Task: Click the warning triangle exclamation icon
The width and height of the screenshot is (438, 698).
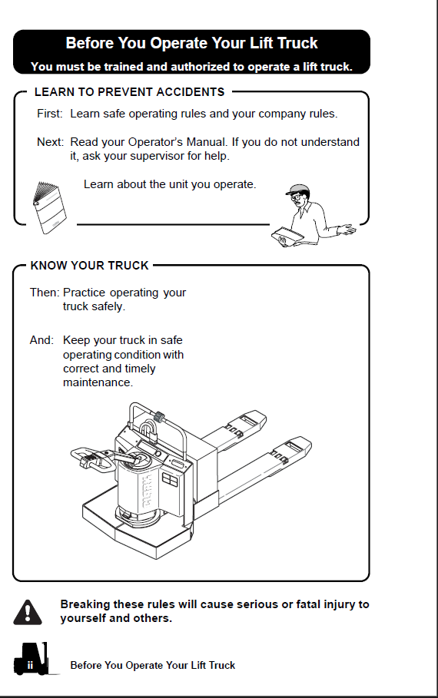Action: (28, 612)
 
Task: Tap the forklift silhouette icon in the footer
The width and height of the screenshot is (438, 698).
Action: (32, 659)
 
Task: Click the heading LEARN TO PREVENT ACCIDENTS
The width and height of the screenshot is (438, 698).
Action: (130, 92)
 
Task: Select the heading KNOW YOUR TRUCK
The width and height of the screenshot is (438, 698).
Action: (89, 266)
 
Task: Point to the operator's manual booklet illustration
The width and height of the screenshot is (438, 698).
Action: (49, 207)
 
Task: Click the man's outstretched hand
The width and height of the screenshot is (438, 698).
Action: (347, 230)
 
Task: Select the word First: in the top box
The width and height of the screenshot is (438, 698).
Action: (50, 114)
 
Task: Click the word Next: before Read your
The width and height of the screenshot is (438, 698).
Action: (51, 142)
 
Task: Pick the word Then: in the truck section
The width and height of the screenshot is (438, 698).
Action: (45, 293)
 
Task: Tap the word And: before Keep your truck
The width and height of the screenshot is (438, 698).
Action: (42, 340)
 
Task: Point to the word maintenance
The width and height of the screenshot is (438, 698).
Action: (98, 382)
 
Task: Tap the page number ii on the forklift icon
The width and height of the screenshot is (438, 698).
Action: (30, 666)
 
